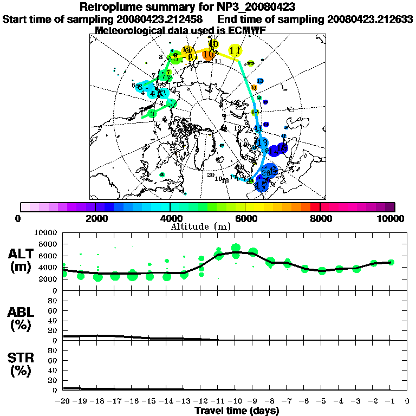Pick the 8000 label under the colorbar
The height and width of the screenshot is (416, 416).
click(x=320, y=218)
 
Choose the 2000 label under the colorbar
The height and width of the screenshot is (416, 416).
click(x=95, y=218)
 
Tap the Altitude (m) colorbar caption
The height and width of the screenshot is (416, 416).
click(x=207, y=226)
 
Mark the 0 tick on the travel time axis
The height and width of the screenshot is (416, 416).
click(x=407, y=401)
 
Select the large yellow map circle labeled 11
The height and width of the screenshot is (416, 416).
click(x=235, y=51)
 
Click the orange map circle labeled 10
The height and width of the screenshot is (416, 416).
click(x=208, y=54)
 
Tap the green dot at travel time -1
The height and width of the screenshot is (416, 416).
click(x=391, y=262)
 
